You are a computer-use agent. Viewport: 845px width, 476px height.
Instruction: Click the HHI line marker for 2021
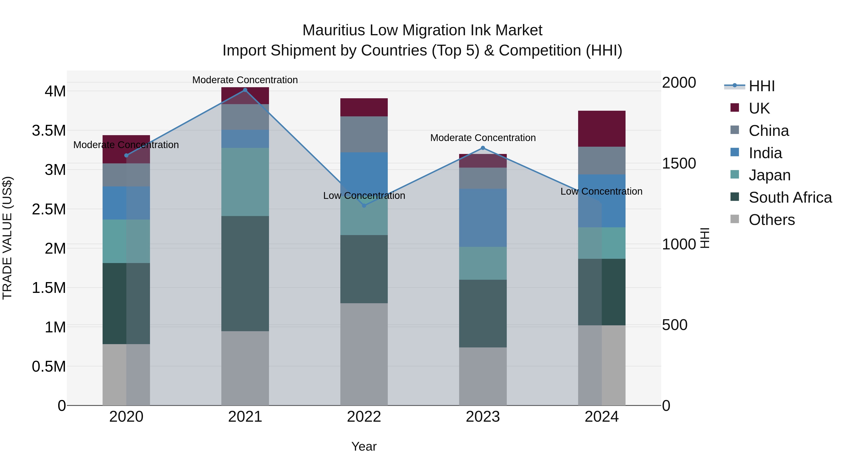tap(245, 90)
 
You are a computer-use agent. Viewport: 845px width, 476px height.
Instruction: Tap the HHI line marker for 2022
tap(364, 206)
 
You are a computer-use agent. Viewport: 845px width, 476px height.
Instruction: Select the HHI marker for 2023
tap(483, 148)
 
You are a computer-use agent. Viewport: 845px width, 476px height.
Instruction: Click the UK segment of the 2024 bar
tap(601, 129)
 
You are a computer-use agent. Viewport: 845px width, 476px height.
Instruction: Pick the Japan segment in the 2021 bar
tap(245, 182)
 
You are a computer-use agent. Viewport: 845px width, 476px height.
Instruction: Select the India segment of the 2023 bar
tap(483, 218)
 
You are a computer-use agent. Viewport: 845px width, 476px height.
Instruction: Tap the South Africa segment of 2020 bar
tap(126, 303)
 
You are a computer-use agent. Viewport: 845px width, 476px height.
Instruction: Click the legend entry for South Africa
tap(790, 197)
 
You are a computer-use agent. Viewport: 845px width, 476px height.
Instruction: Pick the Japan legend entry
tap(769, 175)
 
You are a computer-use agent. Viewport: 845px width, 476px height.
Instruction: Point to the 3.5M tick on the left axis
tap(49, 130)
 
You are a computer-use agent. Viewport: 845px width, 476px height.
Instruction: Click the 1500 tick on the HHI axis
tap(679, 163)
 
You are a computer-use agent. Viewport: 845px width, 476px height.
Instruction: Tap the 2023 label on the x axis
tap(483, 417)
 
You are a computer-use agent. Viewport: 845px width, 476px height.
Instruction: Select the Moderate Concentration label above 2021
tap(245, 80)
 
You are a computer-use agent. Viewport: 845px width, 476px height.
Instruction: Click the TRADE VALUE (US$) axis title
tap(8, 238)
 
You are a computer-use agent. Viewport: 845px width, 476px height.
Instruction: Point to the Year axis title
tap(364, 446)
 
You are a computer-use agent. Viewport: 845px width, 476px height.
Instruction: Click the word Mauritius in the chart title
tap(333, 30)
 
